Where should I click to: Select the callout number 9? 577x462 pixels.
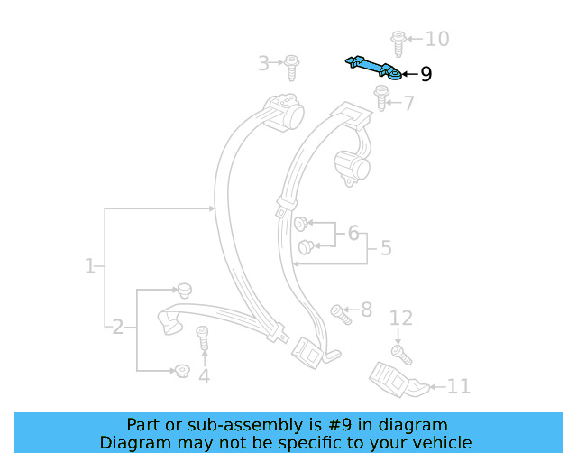point(426,74)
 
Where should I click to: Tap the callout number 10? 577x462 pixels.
point(436,39)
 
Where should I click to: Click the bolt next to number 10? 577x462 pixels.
point(398,42)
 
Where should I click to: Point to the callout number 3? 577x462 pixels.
point(263,63)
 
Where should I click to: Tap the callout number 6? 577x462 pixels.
point(353,234)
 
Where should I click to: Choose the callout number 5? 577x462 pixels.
point(386,248)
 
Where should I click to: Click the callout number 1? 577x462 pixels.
point(89,266)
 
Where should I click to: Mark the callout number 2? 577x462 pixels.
point(117,327)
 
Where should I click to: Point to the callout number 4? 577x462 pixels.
point(204,376)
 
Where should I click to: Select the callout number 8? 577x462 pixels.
point(366,310)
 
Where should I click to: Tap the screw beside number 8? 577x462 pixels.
point(341,313)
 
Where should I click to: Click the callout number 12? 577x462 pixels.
point(401,318)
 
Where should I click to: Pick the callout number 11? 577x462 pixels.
point(459,387)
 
